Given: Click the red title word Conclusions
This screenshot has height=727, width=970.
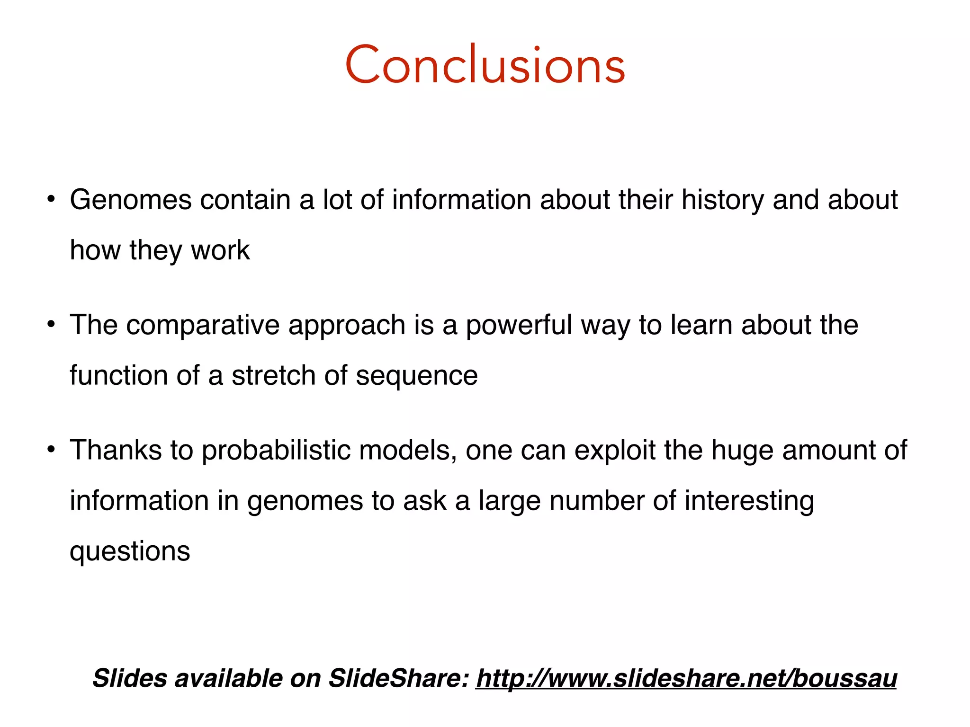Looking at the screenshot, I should [485, 65].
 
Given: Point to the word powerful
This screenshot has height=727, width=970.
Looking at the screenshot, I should [519, 325].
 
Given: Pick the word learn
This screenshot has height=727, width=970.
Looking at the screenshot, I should [701, 325].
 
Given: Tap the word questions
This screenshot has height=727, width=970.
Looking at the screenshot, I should [130, 551].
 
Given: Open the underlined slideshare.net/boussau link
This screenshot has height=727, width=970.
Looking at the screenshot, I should [686, 678].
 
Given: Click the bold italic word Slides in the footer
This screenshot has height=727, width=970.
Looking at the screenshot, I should [130, 678].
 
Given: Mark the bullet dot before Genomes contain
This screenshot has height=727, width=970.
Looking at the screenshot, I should [51, 199].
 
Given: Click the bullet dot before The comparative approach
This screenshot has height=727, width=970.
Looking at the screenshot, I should [51, 325].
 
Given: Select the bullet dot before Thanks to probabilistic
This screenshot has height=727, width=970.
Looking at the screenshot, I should [51, 449].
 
